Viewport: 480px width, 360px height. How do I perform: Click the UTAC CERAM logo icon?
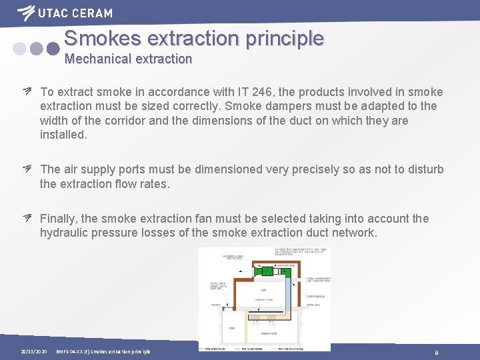(x=27, y=12)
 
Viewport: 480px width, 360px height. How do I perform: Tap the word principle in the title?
(x=285, y=38)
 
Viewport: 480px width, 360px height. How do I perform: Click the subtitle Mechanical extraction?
(x=128, y=59)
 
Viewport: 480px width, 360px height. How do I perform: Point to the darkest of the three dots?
(x=53, y=49)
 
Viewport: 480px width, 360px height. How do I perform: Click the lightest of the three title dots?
(x=20, y=49)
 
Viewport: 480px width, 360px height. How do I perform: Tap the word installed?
(x=63, y=135)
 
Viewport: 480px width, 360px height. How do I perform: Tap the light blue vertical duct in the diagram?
(x=289, y=300)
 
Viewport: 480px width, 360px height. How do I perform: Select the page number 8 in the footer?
(x=436, y=352)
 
